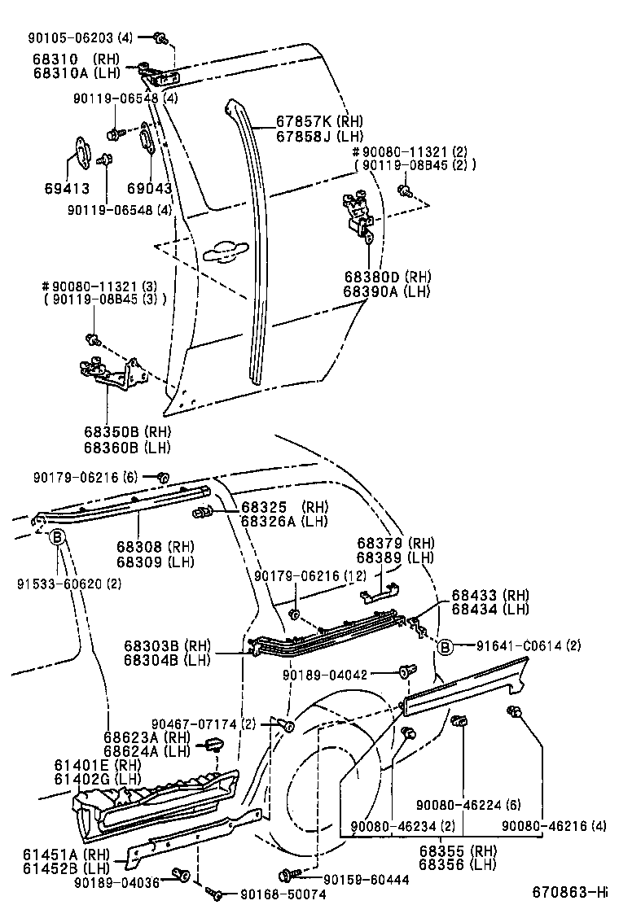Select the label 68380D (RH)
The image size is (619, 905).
[x=386, y=277]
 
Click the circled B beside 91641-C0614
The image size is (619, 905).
[x=445, y=647]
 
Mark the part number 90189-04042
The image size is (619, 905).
[x=337, y=675]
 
